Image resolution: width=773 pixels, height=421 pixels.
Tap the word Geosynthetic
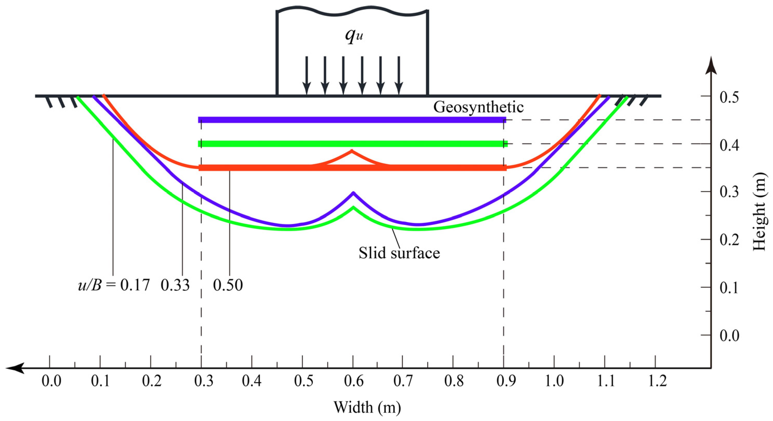click(478, 107)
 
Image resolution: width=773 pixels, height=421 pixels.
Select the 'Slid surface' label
click(399, 253)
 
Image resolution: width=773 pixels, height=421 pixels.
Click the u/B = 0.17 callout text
click(114, 285)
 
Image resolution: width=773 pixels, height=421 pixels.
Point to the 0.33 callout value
click(175, 285)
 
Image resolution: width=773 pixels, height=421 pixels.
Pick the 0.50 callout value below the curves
click(228, 285)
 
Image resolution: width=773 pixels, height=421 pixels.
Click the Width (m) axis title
click(367, 407)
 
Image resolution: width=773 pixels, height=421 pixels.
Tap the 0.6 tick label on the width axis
click(353, 381)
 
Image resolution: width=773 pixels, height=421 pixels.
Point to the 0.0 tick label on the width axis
click(51, 381)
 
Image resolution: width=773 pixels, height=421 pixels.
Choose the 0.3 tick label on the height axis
click(729, 192)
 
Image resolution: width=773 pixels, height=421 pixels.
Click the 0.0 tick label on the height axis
click(729, 336)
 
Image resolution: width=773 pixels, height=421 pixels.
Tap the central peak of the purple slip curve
click(353, 193)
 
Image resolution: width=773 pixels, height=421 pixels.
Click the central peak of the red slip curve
click(352, 151)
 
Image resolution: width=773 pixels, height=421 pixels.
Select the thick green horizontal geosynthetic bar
click(353, 144)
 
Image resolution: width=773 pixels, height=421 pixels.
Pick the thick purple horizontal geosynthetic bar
click(352, 120)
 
